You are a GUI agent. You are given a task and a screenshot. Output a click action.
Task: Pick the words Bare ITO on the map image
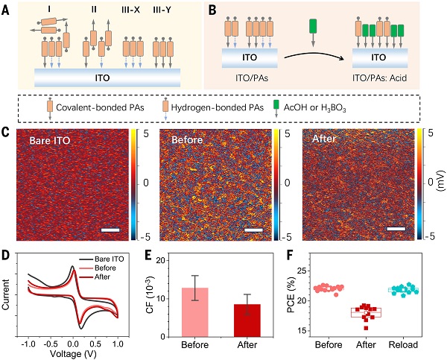[x=54, y=139]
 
